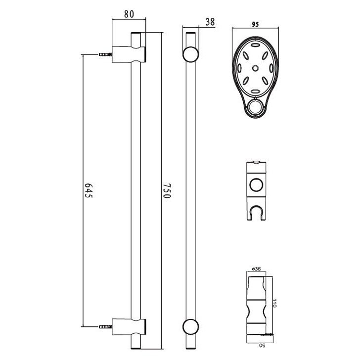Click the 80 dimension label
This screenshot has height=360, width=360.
point(129,14)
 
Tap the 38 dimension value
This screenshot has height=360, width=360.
point(210,22)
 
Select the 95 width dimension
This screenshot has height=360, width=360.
point(255,24)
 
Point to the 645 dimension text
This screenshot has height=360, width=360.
point(89,190)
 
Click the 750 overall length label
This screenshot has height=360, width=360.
point(167,190)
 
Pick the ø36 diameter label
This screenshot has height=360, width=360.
point(256,269)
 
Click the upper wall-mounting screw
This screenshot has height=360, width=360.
point(105,54)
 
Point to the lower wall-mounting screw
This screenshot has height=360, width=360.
point(105,326)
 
